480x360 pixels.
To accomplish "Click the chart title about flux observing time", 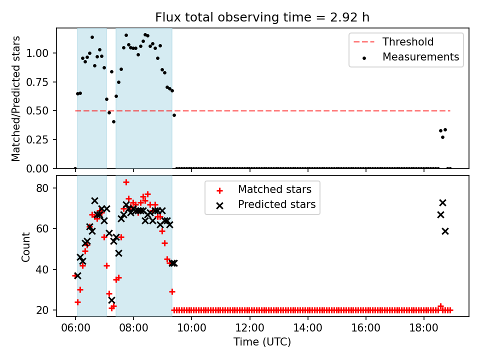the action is coord(262,17).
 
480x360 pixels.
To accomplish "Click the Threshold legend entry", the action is coord(393,41).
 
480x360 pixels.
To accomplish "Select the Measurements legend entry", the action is coord(411,57).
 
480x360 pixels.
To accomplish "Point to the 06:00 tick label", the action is coord(75,328).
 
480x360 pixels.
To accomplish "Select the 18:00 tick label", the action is coord(424,328).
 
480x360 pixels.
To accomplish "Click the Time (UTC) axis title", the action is coord(262,341).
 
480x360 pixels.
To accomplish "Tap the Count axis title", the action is coord(25,247).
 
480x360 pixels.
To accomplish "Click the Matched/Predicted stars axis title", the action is coord(15,98).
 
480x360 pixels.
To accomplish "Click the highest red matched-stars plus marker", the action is coord(126,182).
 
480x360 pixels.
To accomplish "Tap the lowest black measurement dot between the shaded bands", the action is coord(113,122).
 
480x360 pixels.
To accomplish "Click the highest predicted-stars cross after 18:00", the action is coord(442,202).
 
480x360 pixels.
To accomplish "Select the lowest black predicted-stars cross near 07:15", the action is coord(111,300).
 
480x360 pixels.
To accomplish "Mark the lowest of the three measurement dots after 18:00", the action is coord(442,137).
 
